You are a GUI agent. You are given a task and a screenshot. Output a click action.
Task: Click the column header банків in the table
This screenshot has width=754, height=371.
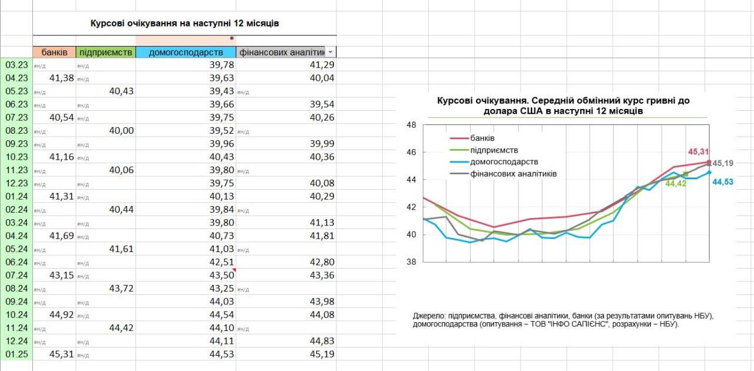tap(54, 52)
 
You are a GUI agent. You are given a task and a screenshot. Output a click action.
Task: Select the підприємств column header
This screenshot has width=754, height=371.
tap(105, 52)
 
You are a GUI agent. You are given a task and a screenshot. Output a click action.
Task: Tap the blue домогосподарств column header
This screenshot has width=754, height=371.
tap(186, 52)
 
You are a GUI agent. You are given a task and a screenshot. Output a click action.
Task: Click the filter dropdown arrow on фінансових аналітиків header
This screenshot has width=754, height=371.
tap(330, 52)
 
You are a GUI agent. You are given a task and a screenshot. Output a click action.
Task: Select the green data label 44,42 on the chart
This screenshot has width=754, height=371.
tap(676, 184)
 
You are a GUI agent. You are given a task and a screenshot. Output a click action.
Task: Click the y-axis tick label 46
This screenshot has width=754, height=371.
tap(411, 152)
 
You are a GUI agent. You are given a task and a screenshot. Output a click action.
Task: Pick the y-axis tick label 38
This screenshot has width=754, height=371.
tap(411, 262)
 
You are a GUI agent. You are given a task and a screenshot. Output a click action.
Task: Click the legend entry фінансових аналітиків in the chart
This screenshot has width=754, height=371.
tap(513, 174)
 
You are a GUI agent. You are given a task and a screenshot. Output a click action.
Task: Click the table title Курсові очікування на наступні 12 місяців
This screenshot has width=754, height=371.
tap(184, 24)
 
